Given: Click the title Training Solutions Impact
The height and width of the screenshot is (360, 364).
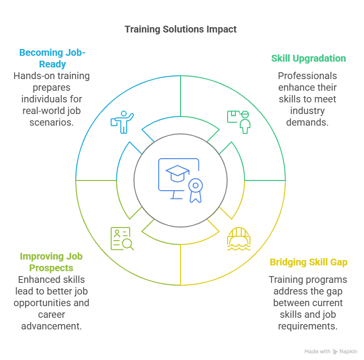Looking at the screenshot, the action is (181, 30).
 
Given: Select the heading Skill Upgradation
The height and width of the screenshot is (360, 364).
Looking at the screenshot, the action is (309, 59).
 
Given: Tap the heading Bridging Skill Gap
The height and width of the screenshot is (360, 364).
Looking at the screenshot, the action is (309, 262).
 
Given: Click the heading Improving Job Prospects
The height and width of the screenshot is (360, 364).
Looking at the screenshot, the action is (51, 262).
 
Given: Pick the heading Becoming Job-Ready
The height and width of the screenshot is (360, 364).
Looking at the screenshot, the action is (52, 58).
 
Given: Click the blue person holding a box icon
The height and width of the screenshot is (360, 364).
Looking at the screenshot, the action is (122, 122).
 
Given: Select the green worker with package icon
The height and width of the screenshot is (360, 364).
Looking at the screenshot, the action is (239, 122).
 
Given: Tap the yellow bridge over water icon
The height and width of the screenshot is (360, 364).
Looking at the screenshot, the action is (239, 239).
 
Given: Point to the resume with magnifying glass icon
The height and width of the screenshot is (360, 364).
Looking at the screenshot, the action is (122, 239).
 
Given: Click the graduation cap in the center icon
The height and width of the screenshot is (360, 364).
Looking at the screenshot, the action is (177, 174).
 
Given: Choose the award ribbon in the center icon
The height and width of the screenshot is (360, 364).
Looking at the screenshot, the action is (196, 190).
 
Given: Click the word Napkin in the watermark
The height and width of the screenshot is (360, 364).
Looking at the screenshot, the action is (348, 351).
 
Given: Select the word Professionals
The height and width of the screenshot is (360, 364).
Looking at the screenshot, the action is (307, 76).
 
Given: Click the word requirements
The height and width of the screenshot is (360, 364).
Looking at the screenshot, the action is (308, 327).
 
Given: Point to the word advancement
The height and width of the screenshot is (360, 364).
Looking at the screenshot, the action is (51, 327).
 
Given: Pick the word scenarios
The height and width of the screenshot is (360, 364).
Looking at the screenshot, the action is (51, 123).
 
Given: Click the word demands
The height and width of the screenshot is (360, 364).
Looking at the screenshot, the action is (307, 123).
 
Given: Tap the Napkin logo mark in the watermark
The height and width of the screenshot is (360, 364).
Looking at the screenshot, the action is (335, 352).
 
